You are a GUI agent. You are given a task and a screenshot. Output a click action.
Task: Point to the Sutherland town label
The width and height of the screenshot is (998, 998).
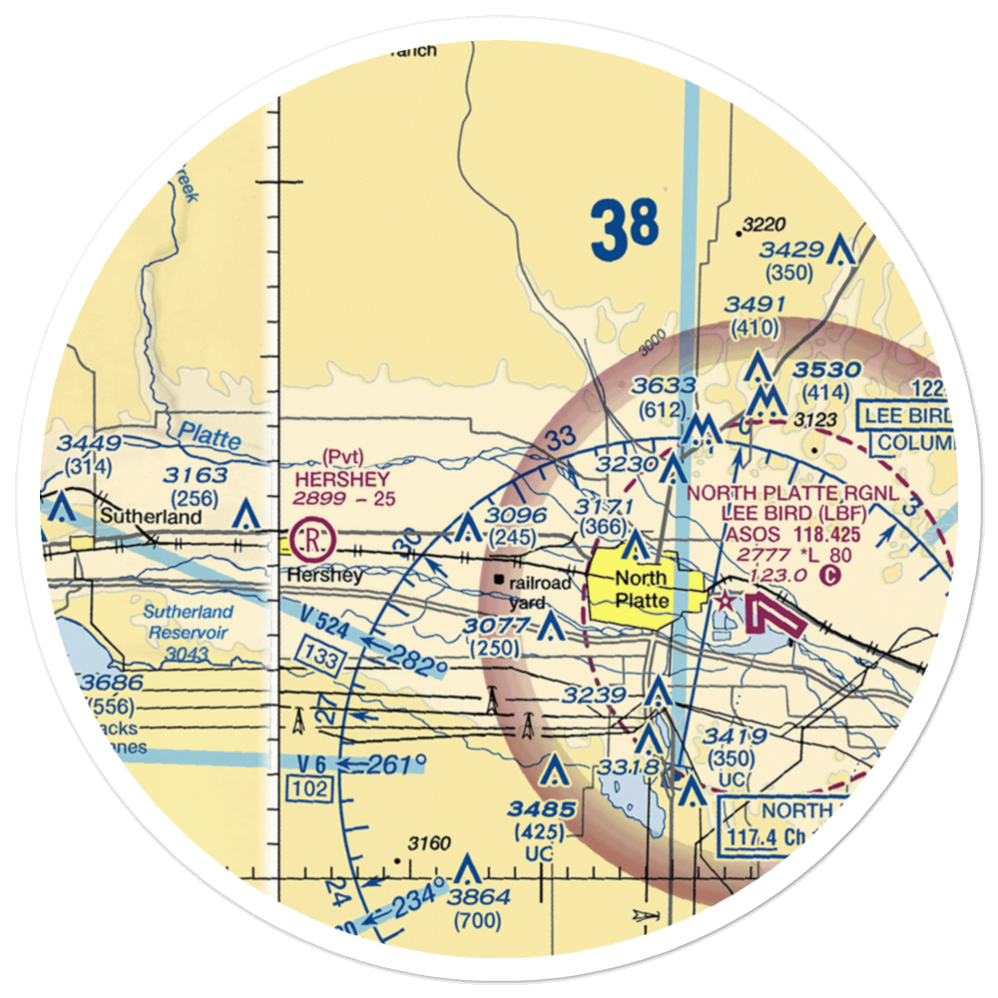click(152, 517)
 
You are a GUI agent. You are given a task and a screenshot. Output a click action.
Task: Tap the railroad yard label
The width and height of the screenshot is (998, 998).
click(543, 592)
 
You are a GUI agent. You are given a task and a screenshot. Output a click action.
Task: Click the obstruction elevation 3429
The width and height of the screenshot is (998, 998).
click(789, 251)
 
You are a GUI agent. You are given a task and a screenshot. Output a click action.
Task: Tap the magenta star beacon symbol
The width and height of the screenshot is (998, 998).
click(727, 602)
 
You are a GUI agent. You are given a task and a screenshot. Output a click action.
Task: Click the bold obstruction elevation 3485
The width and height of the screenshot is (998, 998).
click(540, 808)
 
